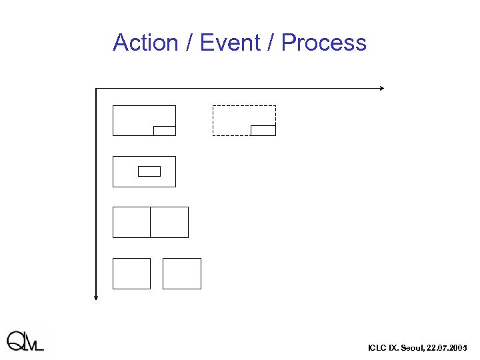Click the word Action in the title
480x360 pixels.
146,43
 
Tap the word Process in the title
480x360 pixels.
324,43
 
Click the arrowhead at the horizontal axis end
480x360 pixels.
382,88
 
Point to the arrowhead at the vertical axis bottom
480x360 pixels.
96,297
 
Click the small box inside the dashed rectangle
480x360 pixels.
263,130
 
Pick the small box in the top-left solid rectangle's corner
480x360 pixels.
165,130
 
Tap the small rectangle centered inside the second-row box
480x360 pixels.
149,171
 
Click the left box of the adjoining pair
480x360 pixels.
131,222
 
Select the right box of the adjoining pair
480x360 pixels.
169,222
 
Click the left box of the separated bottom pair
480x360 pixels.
131,273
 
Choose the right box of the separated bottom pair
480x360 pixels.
182,273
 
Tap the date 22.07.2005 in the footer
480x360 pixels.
448,348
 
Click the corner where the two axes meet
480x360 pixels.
96,88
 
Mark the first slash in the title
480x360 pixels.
190,43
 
